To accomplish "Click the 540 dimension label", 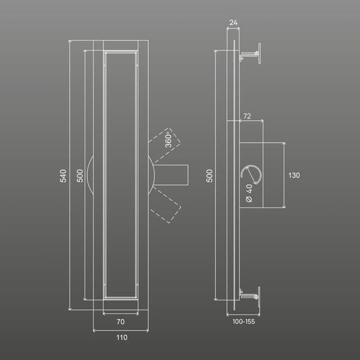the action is coord(63,176).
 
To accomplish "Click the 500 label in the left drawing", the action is coord(80,176).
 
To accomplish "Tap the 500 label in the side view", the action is coord(209,176).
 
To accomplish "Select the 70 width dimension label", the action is coord(121,322).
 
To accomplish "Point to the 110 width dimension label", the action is coord(122,337).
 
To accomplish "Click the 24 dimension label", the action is coord(233,23).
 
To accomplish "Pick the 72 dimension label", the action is coord(247,116).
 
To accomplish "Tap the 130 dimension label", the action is coord(294,175).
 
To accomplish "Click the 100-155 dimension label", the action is coord(244,322).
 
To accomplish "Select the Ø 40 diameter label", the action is coord(249,193).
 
